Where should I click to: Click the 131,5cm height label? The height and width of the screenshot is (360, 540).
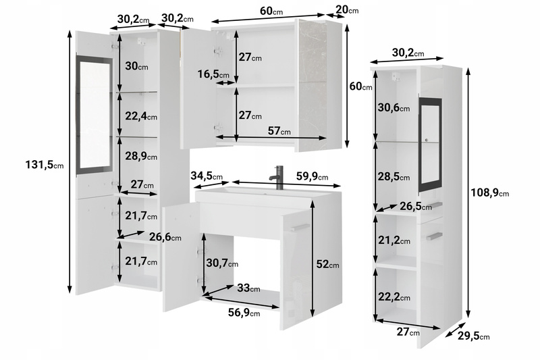[x=45, y=165]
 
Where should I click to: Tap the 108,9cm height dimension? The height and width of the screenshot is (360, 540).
[x=490, y=192]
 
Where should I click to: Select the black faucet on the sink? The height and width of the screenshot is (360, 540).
[x=277, y=178]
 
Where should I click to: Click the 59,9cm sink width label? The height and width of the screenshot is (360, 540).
[x=312, y=176]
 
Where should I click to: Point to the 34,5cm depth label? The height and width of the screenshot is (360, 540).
[x=207, y=176]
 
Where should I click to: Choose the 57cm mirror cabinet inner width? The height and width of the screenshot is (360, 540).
[x=279, y=130]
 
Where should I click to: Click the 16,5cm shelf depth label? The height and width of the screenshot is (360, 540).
[x=213, y=74]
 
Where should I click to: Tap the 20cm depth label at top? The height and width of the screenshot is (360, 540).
[x=347, y=9]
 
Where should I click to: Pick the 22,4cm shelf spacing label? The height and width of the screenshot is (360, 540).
[x=141, y=116]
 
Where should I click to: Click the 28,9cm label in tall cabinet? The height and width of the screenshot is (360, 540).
[x=141, y=156]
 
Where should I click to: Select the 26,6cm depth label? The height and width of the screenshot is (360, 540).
[x=165, y=236]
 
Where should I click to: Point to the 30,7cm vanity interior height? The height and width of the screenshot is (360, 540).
[x=222, y=263]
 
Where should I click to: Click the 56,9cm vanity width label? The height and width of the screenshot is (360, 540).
[x=244, y=313]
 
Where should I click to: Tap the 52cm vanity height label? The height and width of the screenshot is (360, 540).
[x=327, y=264]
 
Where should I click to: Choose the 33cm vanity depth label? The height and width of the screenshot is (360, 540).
[x=248, y=288]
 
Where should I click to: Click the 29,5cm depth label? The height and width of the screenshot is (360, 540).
[x=474, y=336]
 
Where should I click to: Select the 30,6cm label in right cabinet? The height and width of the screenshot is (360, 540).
[x=394, y=107]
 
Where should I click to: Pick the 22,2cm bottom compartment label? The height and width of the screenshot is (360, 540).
[x=394, y=297]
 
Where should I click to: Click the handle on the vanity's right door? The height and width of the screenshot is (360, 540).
[x=300, y=227]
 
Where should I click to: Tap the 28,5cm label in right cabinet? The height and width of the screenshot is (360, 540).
[x=394, y=176]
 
